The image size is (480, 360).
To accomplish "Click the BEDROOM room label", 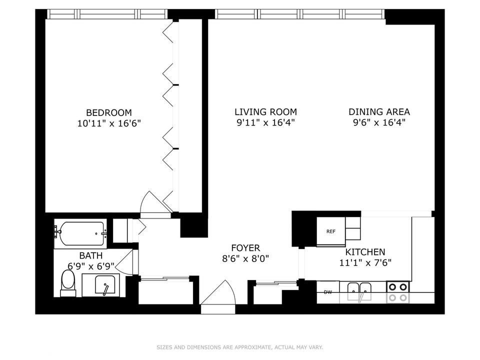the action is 108,112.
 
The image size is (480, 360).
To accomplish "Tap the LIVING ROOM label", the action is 265,111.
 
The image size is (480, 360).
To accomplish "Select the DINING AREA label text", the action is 379,111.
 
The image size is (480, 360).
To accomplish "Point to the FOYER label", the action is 245,247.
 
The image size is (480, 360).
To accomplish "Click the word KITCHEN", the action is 365,252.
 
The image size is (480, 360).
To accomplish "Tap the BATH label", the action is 91,255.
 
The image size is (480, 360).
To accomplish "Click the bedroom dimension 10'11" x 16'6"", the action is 108,123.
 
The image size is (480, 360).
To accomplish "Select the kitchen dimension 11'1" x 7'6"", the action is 365,262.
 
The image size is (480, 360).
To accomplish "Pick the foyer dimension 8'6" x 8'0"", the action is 245,258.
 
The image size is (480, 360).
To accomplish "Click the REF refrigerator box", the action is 331,231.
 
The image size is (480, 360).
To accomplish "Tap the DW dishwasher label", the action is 328,292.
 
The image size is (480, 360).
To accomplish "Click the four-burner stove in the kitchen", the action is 398,292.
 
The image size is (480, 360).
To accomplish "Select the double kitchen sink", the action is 359,291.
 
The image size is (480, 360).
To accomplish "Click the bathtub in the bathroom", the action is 81,233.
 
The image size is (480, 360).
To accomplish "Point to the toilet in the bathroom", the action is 68,283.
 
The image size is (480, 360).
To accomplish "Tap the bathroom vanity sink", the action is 105,284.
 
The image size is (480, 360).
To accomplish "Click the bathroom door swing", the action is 124,261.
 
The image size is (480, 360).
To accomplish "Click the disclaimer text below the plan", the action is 239,347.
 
